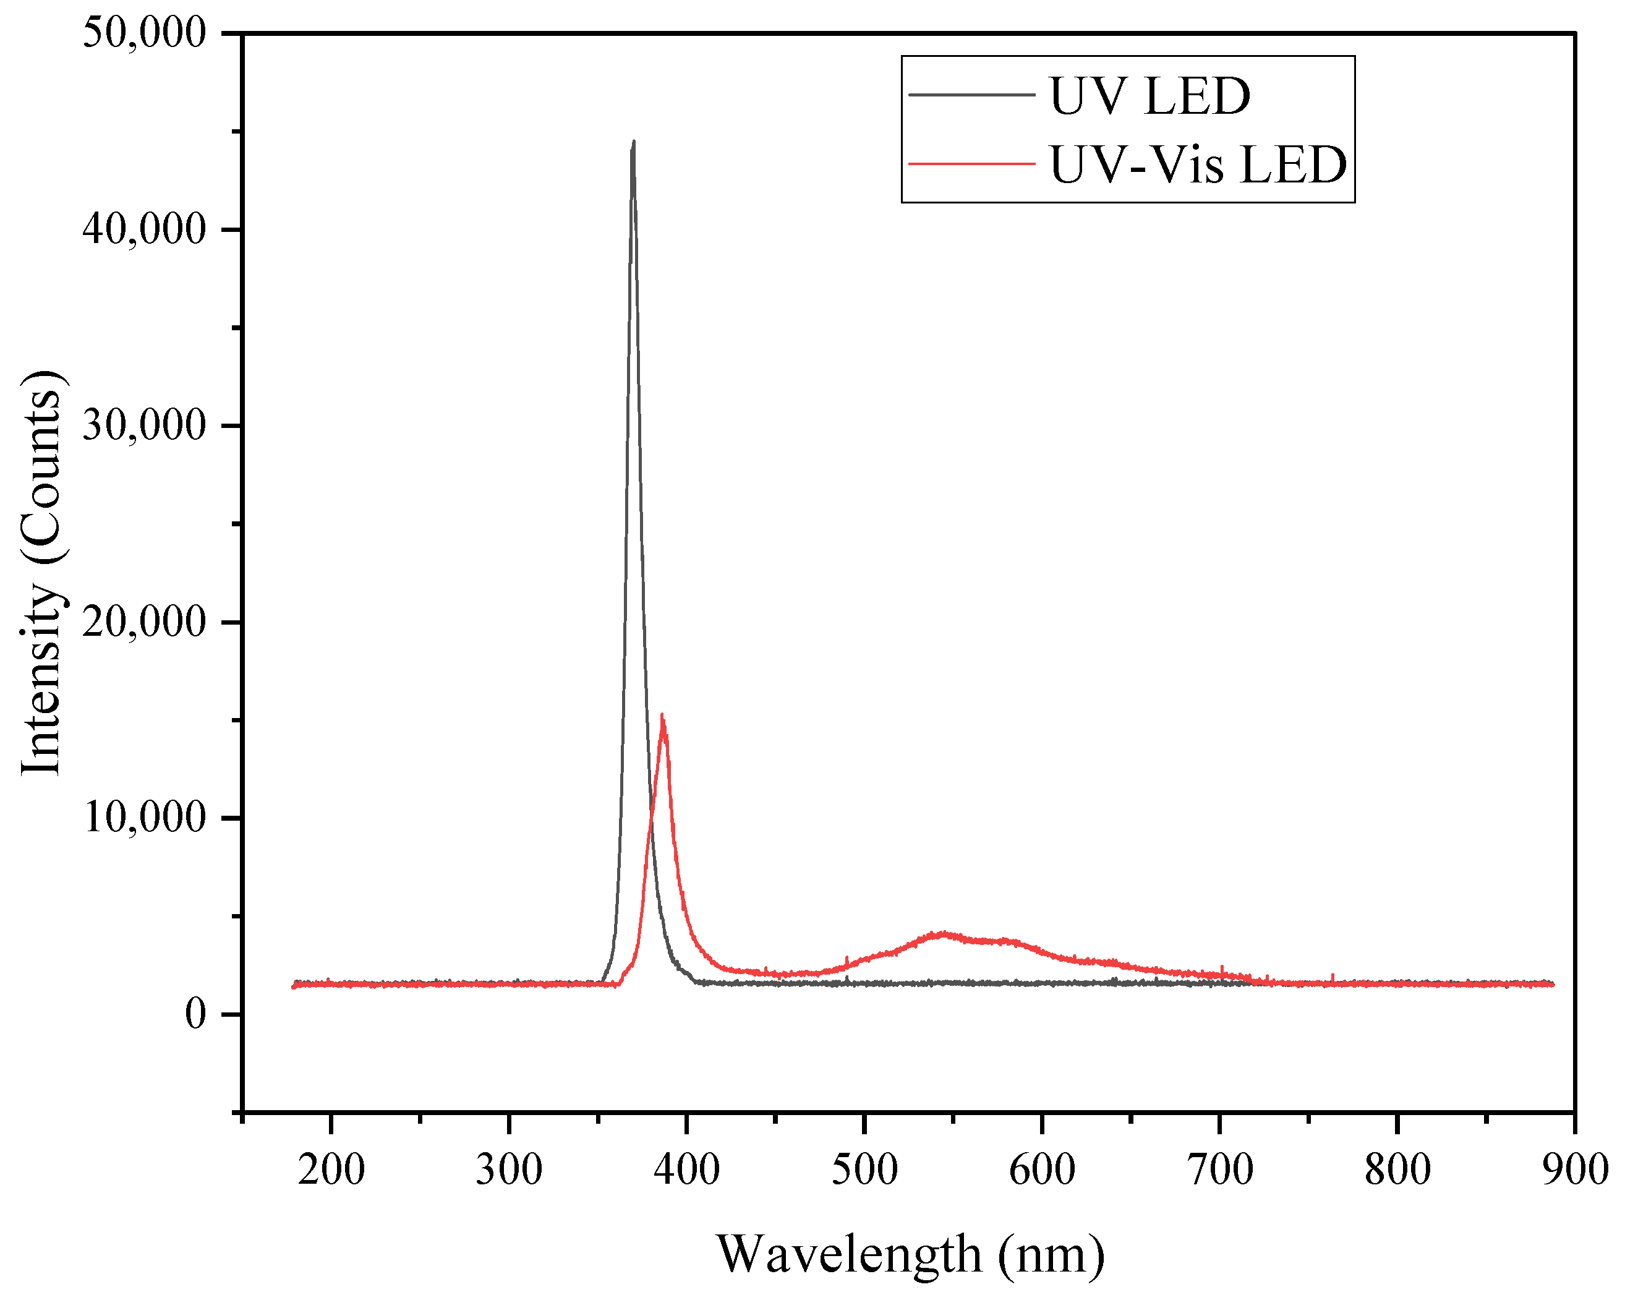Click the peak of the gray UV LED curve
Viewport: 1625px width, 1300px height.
tap(633, 142)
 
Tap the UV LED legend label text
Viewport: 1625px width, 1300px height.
tap(1149, 96)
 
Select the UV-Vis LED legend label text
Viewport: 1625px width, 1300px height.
tap(1198, 165)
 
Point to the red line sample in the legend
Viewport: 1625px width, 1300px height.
tap(971, 163)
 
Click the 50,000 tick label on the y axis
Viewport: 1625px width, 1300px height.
tap(144, 33)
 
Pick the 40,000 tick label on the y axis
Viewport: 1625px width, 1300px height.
tap(144, 229)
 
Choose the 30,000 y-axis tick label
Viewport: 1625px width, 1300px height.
tap(144, 425)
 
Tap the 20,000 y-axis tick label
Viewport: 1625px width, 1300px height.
tap(144, 622)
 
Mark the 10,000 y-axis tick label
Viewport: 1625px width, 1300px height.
tap(144, 818)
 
